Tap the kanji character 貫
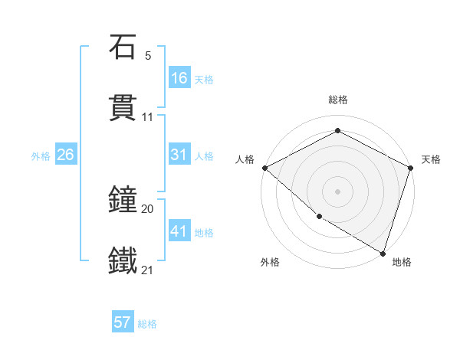click(123, 109)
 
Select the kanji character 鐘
click(123, 201)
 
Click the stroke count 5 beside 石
click(148, 56)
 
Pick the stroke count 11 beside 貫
click(148, 117)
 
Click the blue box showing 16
click(179, 78)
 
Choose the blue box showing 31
click(179, 155)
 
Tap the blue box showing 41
click(179, 231)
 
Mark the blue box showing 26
click(65, 155)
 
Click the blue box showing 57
click(123, 322)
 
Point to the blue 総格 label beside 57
click(147, 324)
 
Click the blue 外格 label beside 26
click(41, 156)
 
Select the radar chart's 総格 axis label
click(338, 100)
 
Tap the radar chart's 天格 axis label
click(431, 159)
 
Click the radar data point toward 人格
click(264, 167)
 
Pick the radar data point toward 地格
click(383, 252)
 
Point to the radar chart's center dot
click(338, 191)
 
